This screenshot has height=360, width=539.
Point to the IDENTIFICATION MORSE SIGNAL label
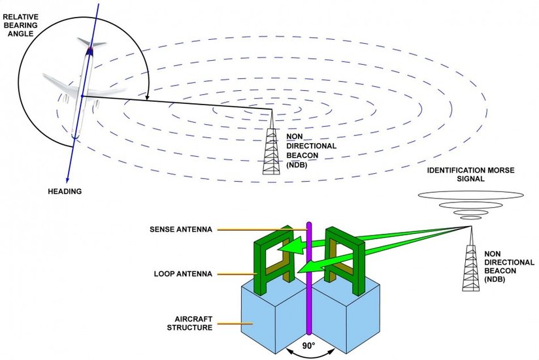coord(470,174)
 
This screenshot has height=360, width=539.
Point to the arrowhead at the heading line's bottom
coord(68,178)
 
